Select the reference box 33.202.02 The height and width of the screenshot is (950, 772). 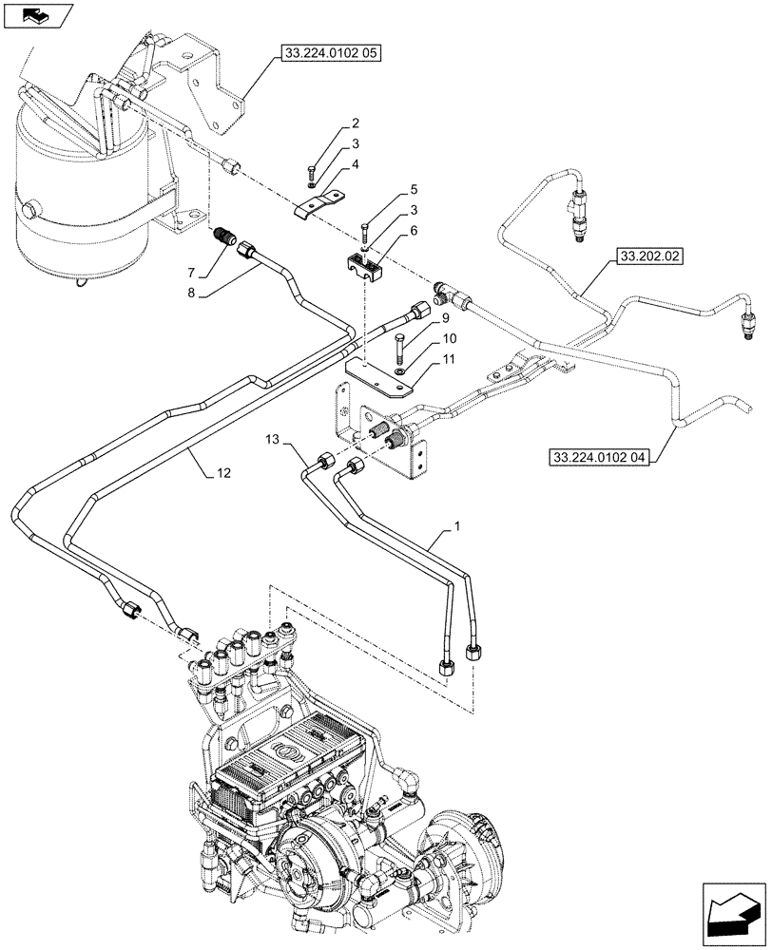tap(651, 257)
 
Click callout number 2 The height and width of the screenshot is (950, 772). tap(355, 124)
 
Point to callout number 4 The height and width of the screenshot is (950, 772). tap(355, 164)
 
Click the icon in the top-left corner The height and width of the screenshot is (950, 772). tap(37, 14)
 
